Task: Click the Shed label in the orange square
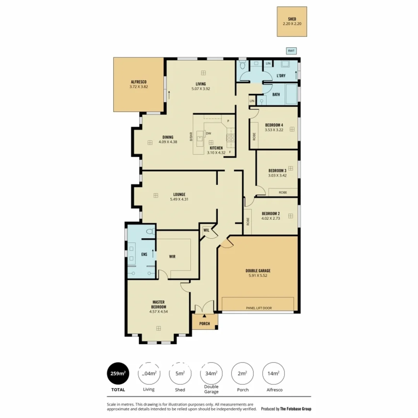point(292,19)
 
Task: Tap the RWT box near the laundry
point(290,51)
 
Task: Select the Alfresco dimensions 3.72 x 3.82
point(139,87)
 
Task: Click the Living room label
point(200,84)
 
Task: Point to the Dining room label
point(168,137)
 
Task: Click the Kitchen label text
point(216,148)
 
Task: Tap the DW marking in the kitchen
point(208,133)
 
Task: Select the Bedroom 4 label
point(274,125)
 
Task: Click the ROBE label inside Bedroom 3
point(284,192)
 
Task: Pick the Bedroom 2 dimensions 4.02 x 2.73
point(271,219)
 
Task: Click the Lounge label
point(179,194)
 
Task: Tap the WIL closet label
point(206,230)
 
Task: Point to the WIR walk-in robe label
point(173,256)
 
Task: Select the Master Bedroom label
point(158,304)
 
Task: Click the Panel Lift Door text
point(259,308)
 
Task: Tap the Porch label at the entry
point(205,324)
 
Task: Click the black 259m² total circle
point(118,373)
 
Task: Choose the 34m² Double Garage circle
point(211,373)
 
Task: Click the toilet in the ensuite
point(150,232)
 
